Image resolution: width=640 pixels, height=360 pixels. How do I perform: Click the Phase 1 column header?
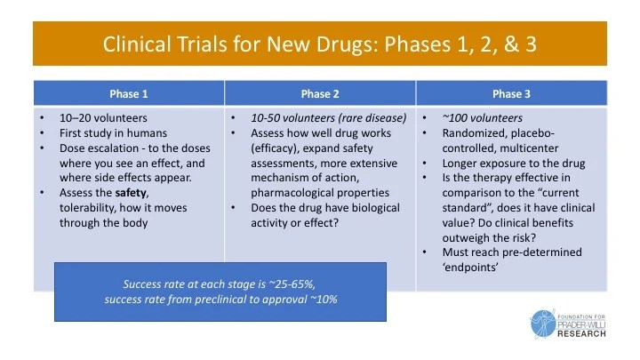click(x=128, y=93)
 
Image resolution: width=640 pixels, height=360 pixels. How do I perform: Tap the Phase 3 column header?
click(x=512, y=93)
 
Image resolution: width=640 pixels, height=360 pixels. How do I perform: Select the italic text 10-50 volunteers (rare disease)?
click(x=316, y=117)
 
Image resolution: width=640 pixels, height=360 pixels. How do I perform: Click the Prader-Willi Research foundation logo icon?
click(x=543, y=324)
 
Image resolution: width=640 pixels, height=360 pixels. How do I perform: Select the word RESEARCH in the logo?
click(x=582, y=335)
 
